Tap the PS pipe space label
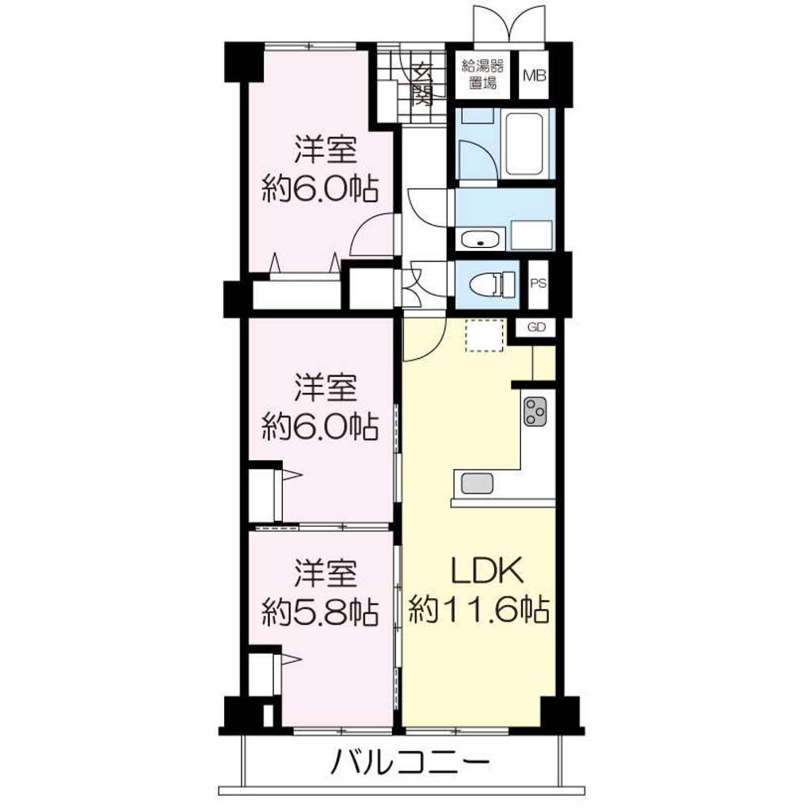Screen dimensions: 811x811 [538, 284]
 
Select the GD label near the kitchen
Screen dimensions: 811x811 [536, 327]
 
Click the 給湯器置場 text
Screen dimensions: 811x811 [482, 74]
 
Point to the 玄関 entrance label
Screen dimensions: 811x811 [423, 84]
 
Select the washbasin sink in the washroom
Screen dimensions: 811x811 [480, 240]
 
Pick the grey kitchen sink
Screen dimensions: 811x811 [477, 484]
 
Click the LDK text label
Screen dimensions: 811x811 [488, 571]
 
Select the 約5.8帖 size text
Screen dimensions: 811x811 [320, 612]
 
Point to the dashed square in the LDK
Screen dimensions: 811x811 [485, 336]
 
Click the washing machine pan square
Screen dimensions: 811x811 [531, 235]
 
